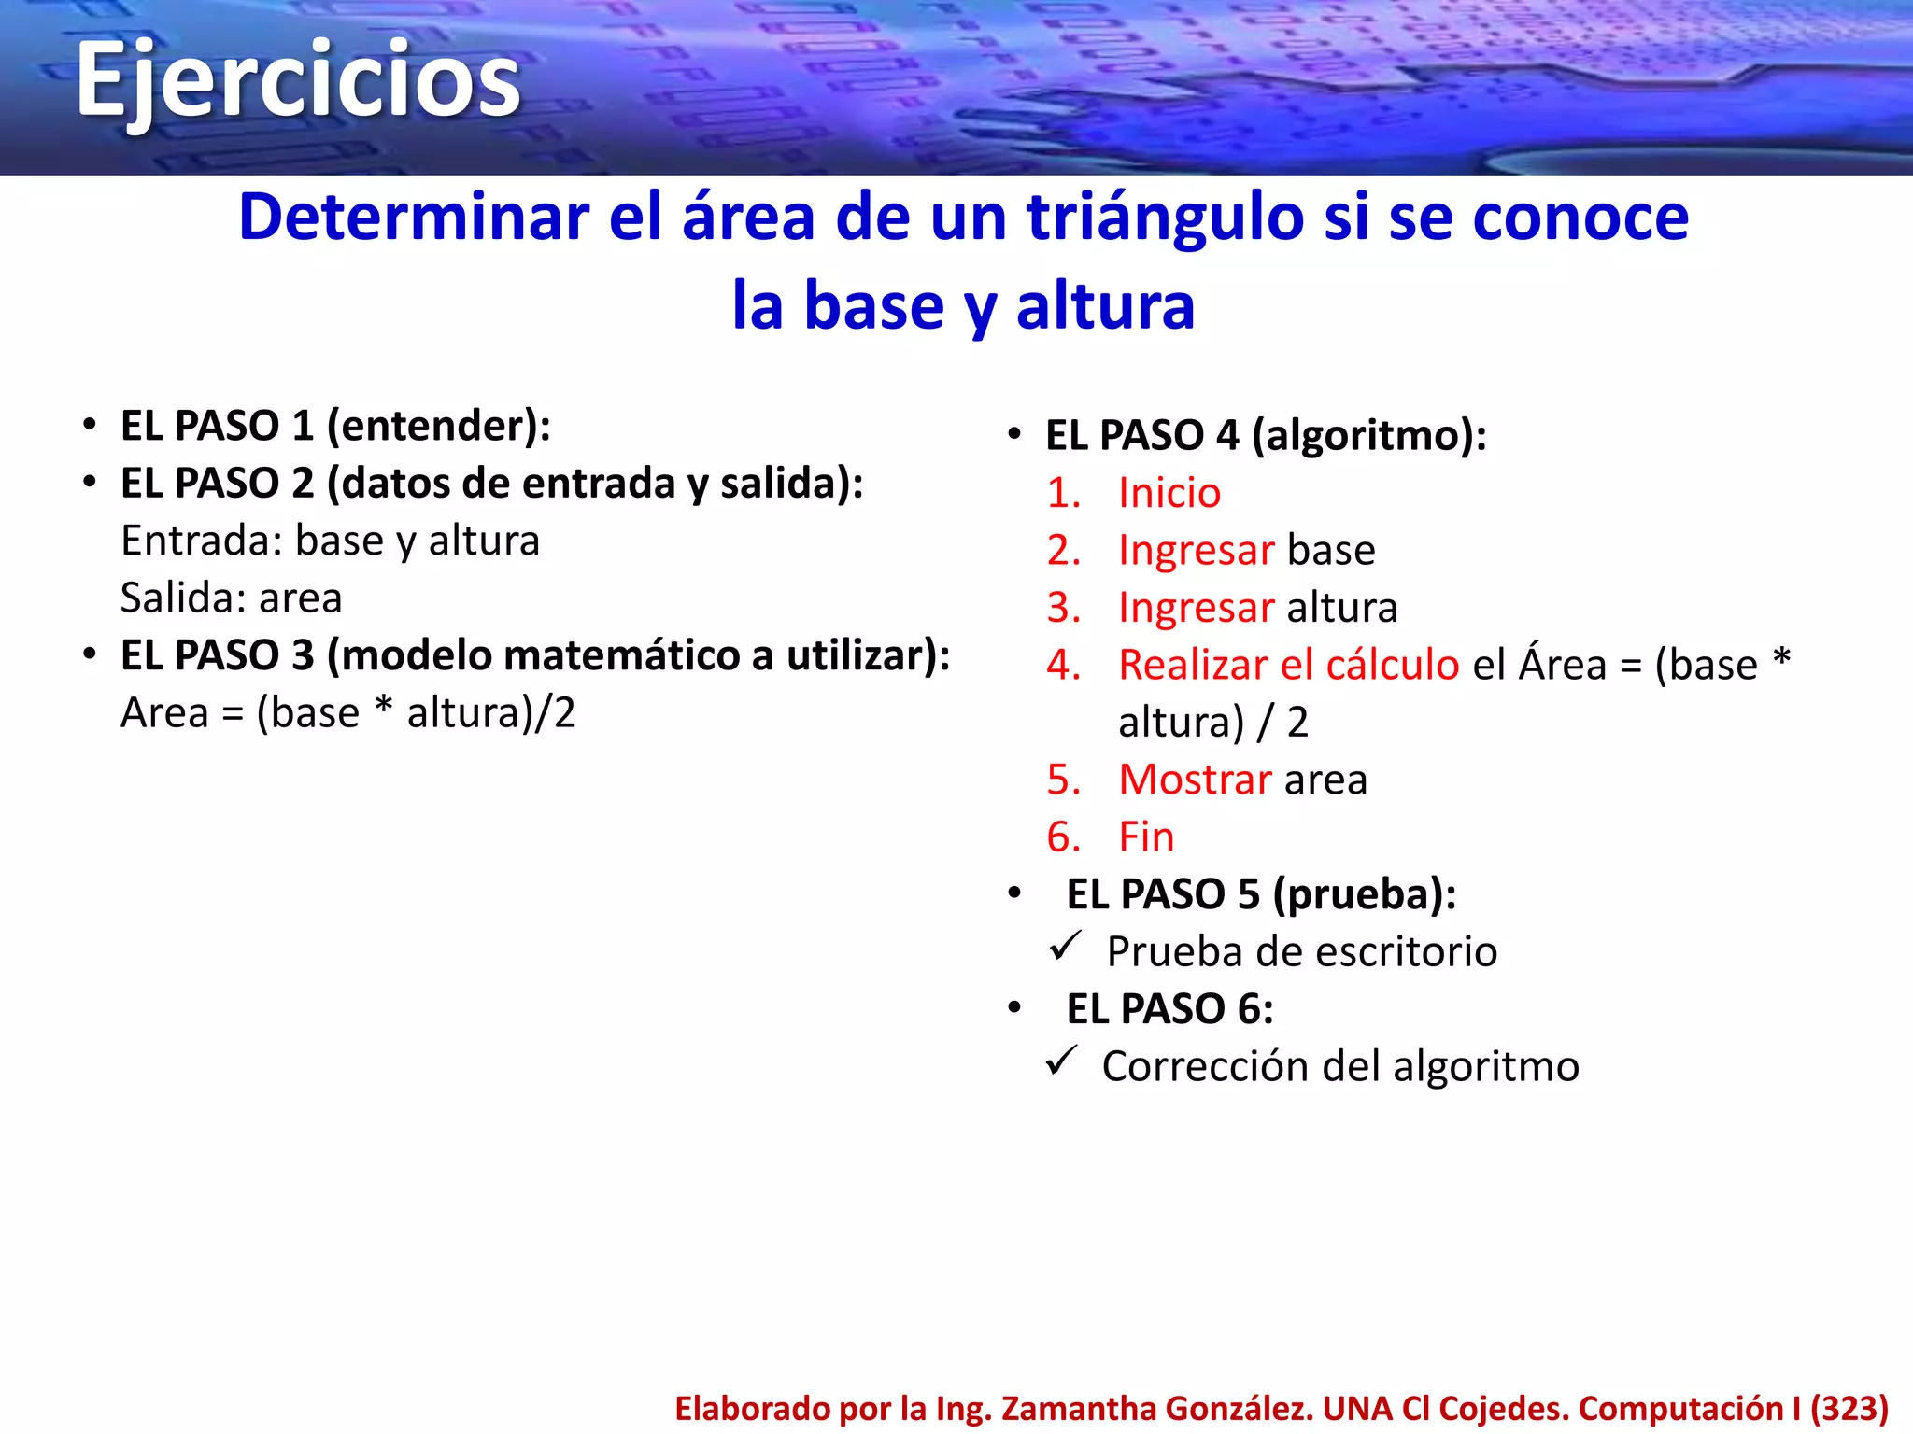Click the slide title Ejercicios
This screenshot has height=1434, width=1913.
tap(297, 82)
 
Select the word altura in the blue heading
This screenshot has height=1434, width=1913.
tap(1105, 306)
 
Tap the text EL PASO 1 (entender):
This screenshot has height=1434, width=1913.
tap(335, 426)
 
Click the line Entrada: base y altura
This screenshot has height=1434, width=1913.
tap(330, 541)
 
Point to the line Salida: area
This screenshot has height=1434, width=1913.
tap(231, 597)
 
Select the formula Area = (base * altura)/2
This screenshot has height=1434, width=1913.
tap(347, 712)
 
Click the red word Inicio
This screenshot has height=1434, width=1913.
tap(1169, 493)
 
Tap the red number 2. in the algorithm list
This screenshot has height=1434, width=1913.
tap(1063, 550)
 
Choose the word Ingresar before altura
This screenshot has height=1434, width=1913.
tap(1196, 608)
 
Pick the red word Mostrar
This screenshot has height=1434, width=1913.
tap(1195, 780)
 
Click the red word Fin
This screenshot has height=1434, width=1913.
tap(1146, 836)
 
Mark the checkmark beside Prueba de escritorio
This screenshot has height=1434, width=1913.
tap(1065, 947)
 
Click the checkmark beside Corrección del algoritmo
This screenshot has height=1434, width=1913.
tap(1062, 1061)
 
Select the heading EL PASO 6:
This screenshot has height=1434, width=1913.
tap(1169, 1009)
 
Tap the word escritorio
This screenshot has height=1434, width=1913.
tap(1402, 952)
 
